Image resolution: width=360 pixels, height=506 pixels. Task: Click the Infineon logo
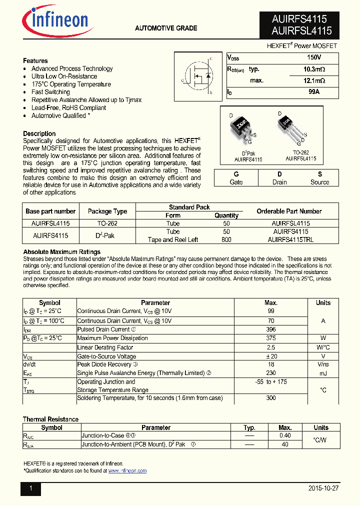point(55,21)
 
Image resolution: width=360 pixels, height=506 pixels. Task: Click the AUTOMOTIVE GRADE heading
point(166,28)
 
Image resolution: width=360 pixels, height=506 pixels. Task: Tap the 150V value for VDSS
point(314,58)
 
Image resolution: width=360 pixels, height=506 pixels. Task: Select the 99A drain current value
point(314,92)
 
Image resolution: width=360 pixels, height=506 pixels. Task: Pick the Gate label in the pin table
point(236,182)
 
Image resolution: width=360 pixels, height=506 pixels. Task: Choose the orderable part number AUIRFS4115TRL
point(291,239)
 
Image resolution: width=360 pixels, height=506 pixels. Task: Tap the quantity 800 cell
point(226,239)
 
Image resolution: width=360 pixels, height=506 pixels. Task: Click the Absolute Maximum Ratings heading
point(62,251)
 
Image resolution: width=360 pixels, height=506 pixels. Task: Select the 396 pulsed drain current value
point(271,329)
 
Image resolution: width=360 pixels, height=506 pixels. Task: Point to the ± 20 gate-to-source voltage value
point(271,356)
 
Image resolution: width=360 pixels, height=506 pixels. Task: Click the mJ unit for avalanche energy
point(323,373)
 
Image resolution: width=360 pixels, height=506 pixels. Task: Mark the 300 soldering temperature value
point(271,398)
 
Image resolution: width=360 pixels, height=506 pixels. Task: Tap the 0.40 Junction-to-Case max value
point(285,435)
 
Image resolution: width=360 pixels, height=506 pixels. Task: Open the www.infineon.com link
point(127,471)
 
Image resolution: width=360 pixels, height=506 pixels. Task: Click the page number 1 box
point(30,488)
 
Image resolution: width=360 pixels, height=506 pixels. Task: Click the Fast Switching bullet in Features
point(50,92)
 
